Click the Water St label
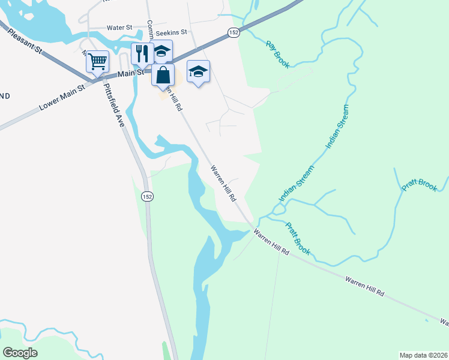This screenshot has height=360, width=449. coord(119,28)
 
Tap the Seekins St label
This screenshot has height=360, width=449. coord(171,32)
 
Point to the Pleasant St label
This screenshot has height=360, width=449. coord(25,41)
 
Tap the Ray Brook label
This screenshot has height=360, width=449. coord(278,54)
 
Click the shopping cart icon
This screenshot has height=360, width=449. coord(97,61)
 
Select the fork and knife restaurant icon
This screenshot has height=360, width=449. coord(142,53)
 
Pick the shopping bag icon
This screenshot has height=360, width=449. coord(163,76)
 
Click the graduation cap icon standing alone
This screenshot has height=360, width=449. coord(198,71)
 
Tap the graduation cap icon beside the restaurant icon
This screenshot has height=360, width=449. coord(161,51)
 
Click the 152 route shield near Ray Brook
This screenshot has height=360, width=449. coord(234,32)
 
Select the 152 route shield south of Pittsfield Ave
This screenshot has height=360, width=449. coord(147,196)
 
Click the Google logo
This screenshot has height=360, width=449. coord(20,352)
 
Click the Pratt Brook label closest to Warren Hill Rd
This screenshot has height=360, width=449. coord(297,239)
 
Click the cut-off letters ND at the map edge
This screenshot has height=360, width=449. coord(4,96)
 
